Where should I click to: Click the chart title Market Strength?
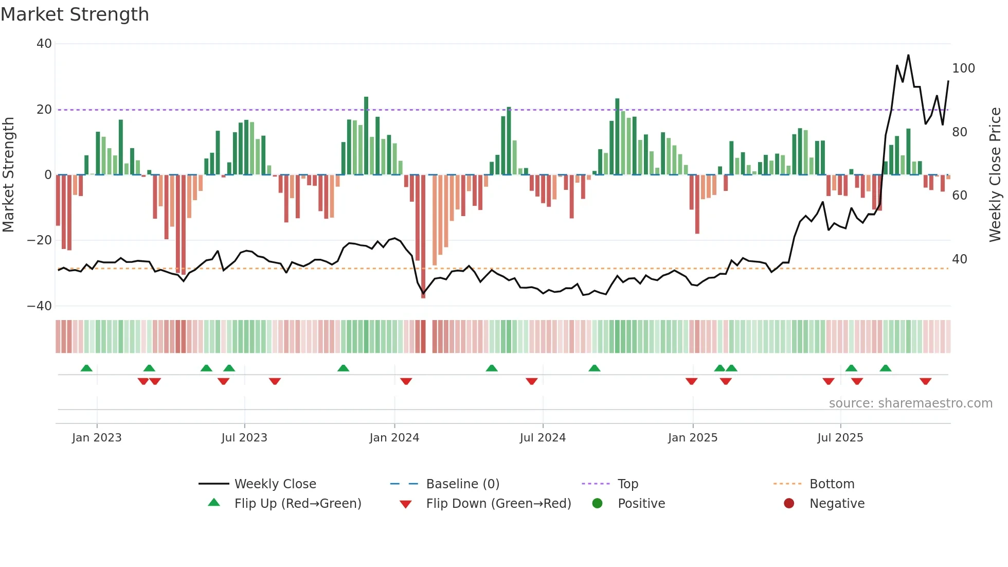pyautogui.click(x=75, y=14)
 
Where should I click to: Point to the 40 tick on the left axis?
pyautogui.click(x=44, y=44)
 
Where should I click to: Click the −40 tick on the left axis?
pyautogui.click(x=40, y=306)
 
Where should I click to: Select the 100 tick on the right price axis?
pyautogui.click(x=963, y=68)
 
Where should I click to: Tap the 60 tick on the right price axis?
pyautogui.click(x=959, y=196)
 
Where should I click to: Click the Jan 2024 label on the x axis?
pyautogui.click(x=394, y=438)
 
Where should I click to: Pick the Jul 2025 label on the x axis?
pyautogui.click(x=840, y=438)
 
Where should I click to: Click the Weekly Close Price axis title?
pyautogui.click(x=995, y=175)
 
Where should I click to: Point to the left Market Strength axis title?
pyautogui.click(x=8, y=175)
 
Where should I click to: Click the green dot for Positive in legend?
pyautogui.click(x=597, y=504)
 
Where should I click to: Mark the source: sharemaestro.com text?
pyautogui.click(x=910, y=403)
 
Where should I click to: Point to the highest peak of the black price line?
pyautogui.click(x=908, y=56)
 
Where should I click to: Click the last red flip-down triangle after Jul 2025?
pyautogui.click(x=925, y=381)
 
